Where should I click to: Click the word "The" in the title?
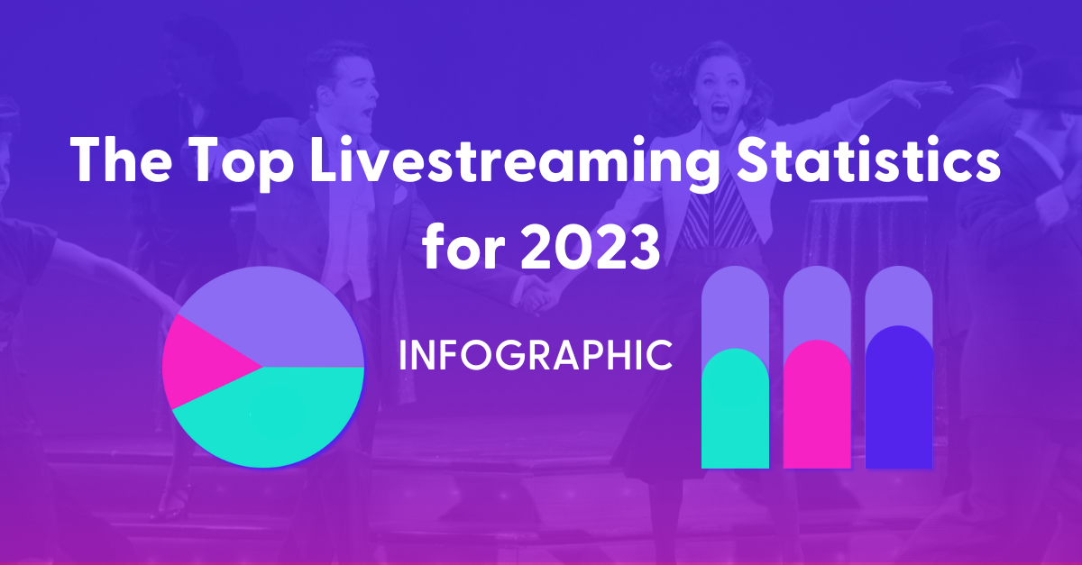pos(121,159)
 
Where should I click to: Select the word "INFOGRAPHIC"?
pos(536,355)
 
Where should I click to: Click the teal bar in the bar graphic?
pos(735,411)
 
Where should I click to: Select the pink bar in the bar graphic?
pos(817,406)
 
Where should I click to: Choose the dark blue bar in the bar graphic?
pos(899,398)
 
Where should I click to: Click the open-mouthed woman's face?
pos(719,96)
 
